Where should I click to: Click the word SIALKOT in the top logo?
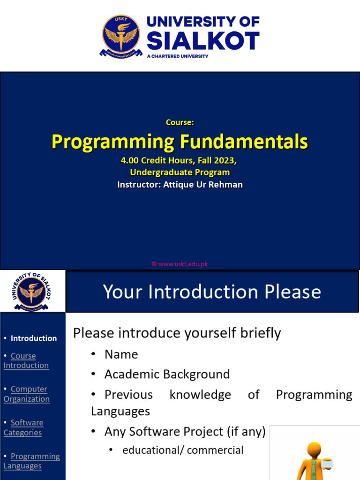[203, 41]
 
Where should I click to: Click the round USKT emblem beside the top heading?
[121, 36]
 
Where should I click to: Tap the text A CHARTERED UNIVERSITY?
[178, 56]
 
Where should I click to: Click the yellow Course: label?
[180, 122]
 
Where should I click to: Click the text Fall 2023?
[214, 160]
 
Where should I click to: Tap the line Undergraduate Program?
[180, 172]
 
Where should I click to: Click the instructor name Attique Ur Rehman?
[202, 185]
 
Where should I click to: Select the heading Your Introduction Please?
[212, 292]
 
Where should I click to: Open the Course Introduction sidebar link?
[26, 360]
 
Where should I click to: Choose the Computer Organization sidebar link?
[27, 394]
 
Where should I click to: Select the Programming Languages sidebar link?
[31, 461]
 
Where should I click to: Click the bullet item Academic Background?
[167, 374]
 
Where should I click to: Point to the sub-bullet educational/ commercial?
[183, 450]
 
